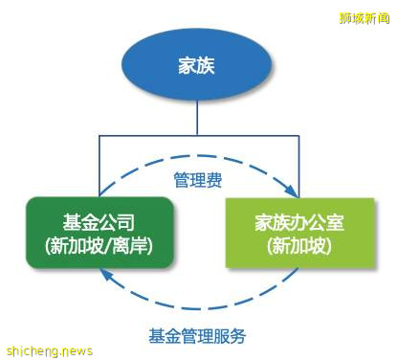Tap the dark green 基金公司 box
pyautogui.click(x=99, y=232)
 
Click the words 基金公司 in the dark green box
pyautogui.click(x=99, y=221)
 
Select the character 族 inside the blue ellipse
pyautogui.click(x=209, y=66)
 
